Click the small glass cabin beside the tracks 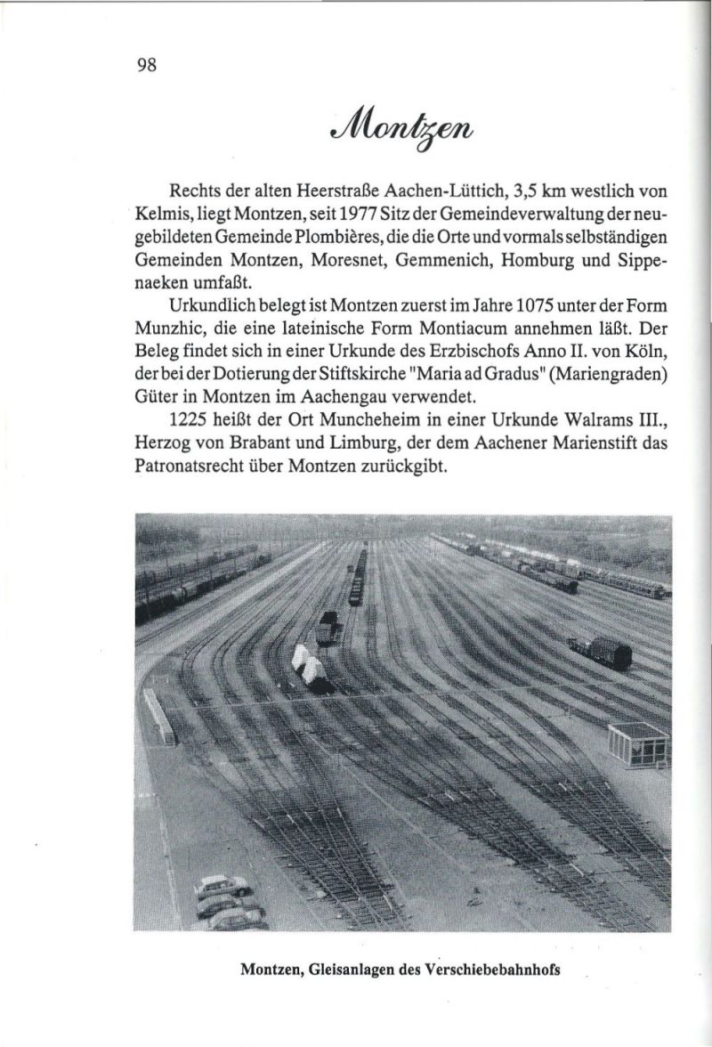coord(637,743)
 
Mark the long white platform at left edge coord(159,717)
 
